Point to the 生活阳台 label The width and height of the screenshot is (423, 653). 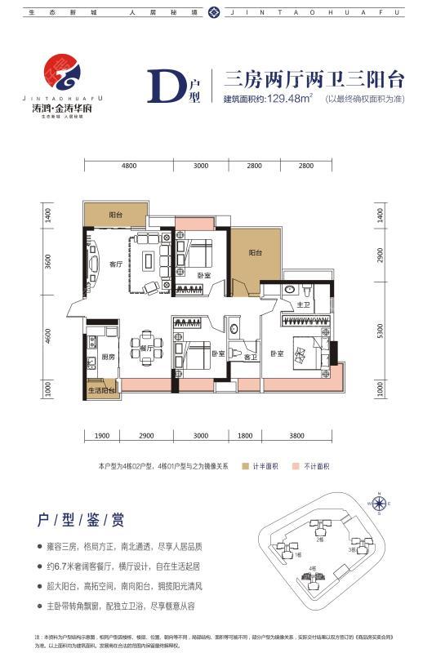[x=101, y=391]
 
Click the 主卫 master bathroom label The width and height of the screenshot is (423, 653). [x=302, y=304]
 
